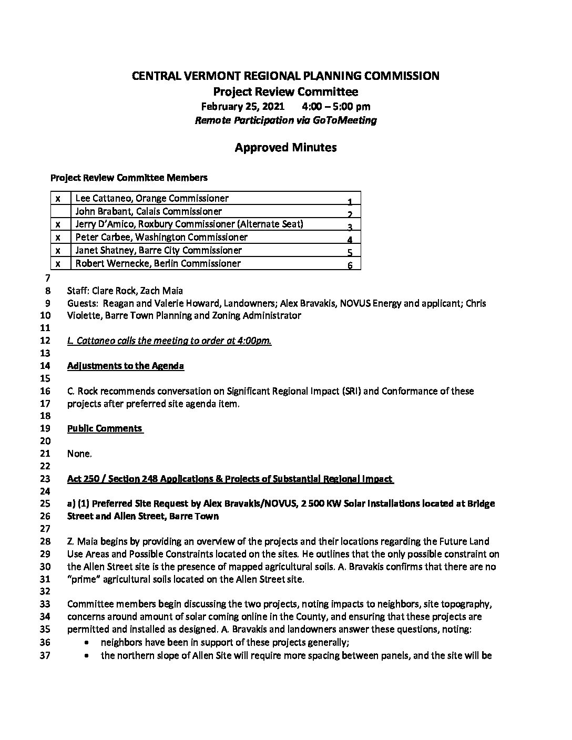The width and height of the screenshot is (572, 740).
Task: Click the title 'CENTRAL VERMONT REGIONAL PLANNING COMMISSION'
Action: tap(285, 76)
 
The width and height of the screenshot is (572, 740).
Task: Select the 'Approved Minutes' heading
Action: tap(285, 148)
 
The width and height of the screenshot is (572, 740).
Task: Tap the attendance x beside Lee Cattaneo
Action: tap(58, 199)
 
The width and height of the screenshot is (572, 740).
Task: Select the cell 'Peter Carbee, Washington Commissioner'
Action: tap(161, 237)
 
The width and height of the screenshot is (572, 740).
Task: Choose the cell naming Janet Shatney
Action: tap(159, 250)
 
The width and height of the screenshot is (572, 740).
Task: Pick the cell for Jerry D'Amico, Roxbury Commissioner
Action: tap(189, 224)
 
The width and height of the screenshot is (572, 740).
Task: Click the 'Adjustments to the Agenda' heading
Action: tap(126, 366)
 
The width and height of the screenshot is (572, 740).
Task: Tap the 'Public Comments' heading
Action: tap(105, 428)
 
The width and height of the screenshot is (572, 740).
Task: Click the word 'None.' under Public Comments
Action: tap(79, 454)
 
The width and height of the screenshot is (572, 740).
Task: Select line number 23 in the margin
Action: tap(45, 479)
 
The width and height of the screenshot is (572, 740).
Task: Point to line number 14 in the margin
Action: tap(45, 366)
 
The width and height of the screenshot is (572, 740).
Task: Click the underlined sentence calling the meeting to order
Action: tap(169, 341)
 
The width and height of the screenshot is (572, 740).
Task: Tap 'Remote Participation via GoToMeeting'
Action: tap(285, 120)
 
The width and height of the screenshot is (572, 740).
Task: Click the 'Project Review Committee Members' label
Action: tap(129, 178)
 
